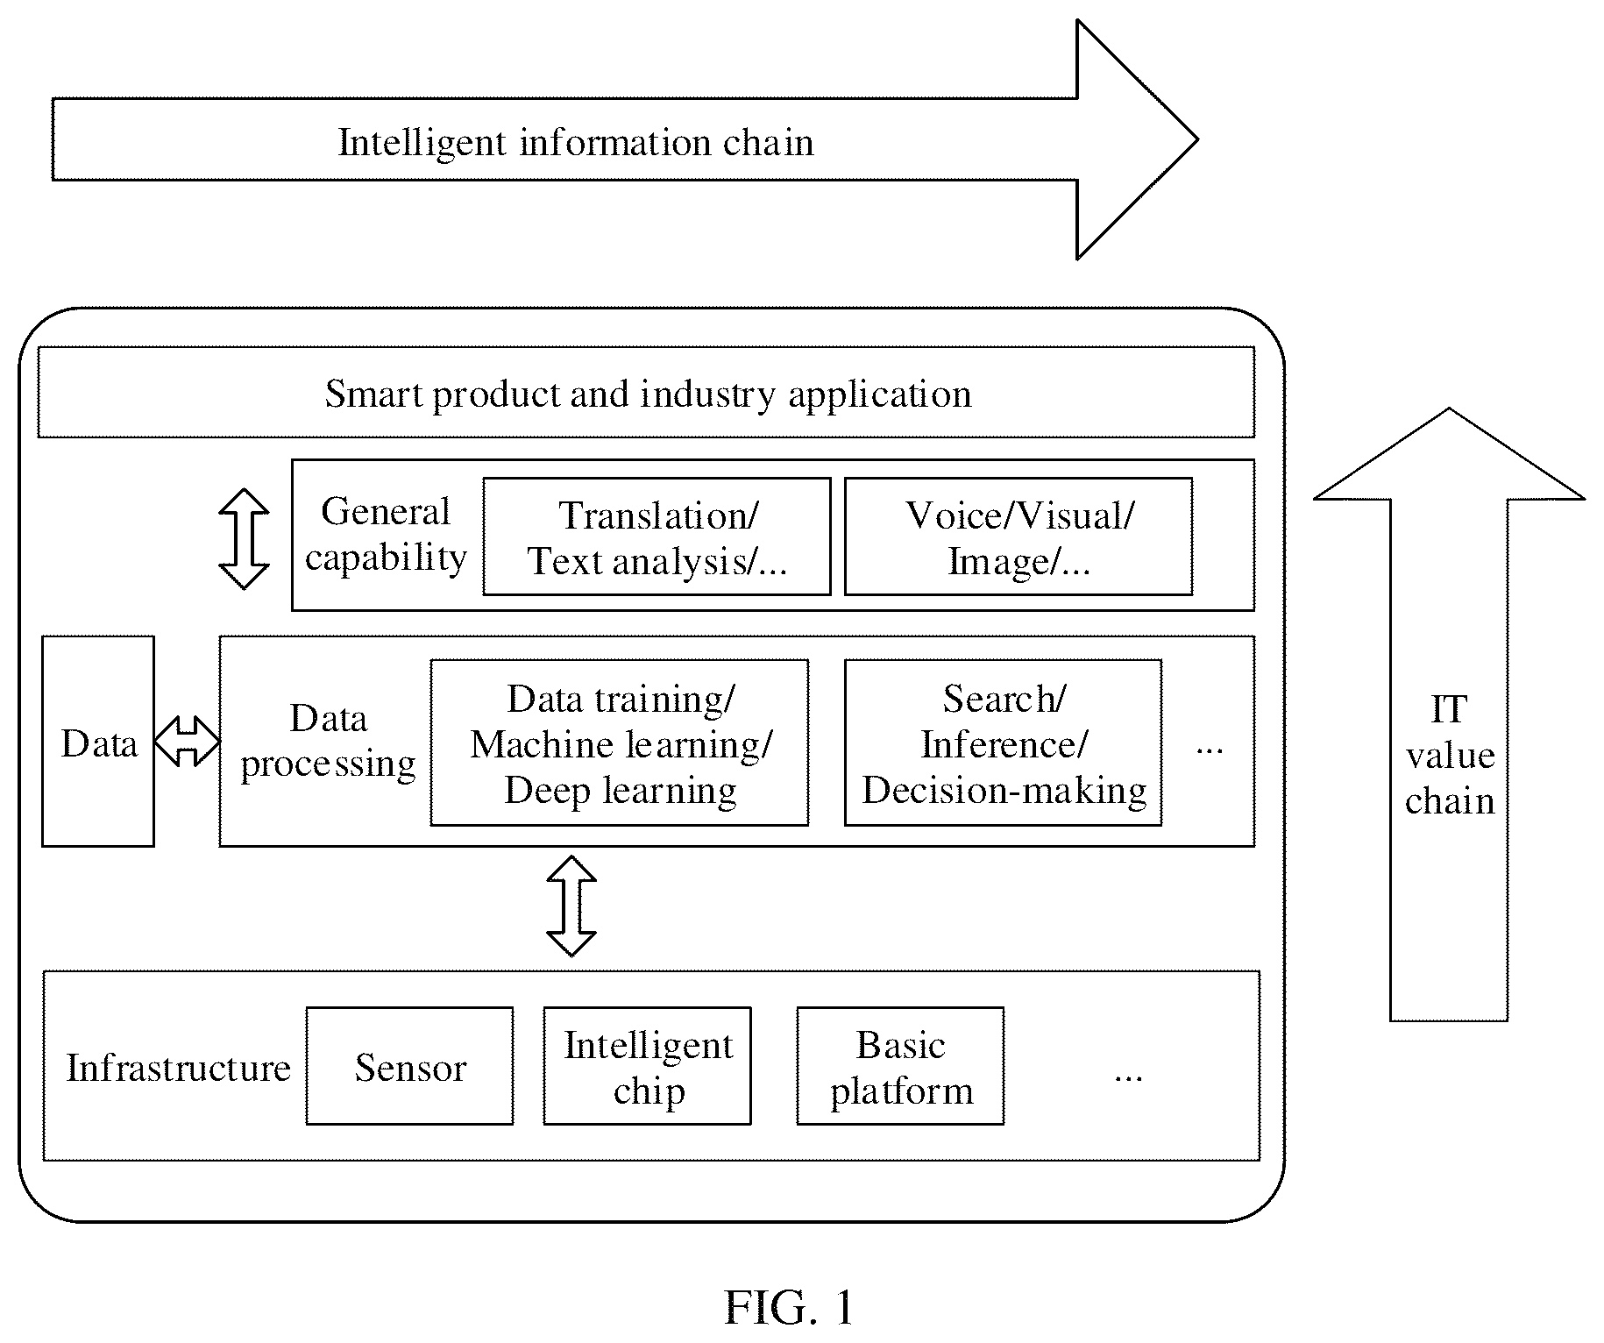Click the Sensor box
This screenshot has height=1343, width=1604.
[409, 1065]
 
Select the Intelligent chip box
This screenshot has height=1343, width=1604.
[647, 1065]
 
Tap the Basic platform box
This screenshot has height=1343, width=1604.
[900, 1065]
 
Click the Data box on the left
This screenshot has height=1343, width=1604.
[98, 741]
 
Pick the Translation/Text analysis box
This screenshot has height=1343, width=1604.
[657, 536]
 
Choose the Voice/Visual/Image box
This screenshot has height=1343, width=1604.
[1018, 536]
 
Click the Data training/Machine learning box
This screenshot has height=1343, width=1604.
[620, 743]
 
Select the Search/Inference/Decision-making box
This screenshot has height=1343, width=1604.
[1003, 743]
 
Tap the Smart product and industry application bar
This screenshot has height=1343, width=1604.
[646, 392]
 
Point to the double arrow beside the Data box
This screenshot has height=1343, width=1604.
[187, 741]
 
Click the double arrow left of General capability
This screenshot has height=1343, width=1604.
[244, 538]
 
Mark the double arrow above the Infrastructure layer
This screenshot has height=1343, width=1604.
[571, 906]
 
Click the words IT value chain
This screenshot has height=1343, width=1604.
[1449, 755]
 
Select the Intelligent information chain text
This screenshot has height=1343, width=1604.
[576, 142]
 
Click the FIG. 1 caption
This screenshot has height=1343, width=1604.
[789, 1308]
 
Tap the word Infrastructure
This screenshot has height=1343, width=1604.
[178, 1068]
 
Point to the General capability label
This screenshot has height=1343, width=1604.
[386, 535]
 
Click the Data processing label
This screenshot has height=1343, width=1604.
[328, 742]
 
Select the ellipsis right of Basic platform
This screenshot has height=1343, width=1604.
[1128, 1077]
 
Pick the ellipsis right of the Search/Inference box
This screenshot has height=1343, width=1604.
[1210, 750]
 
